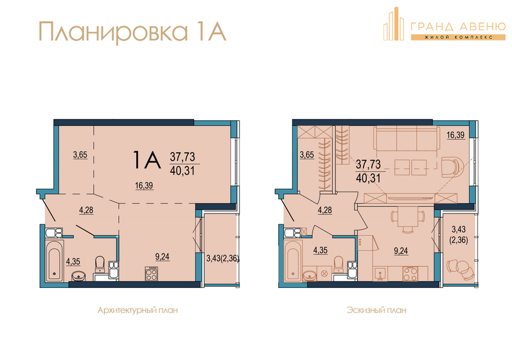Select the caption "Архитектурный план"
coord(137,310)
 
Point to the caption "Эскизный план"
coord(376,310)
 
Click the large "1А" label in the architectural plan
coord(147,159)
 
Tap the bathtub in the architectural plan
coord(54,260)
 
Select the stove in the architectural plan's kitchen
coord(152,274)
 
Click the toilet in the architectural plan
coord(100,265)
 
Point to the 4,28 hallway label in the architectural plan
coord(86,210)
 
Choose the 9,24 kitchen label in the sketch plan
coord(401,251)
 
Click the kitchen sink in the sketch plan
coord(380,274)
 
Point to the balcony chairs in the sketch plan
coord(459,269)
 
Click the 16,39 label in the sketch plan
coord(455,135)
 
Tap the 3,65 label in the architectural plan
coord(80,155)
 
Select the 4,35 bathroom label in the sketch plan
coord(321,251)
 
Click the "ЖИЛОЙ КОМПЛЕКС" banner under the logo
coord(458,37)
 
